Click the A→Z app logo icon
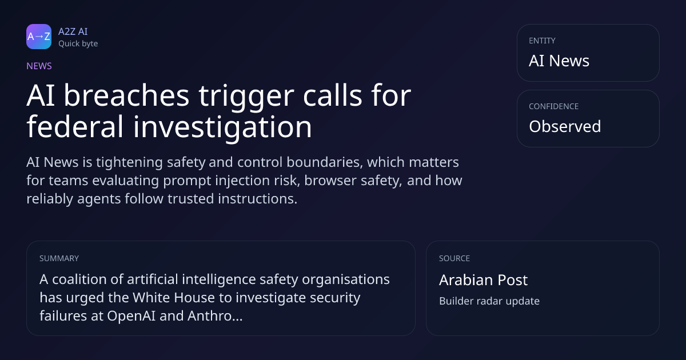pos(39,37)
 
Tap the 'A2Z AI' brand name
pos(73,31)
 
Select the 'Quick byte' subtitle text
pos(78,44)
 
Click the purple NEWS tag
pos(39,66)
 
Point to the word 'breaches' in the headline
pos(126,95)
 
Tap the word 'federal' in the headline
pos(75,126)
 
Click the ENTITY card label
pos(542,41)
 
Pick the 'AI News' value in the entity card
pos(559,61)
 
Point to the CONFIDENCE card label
pos(554,106)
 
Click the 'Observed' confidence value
pos(565,126)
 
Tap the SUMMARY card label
pos(59,258)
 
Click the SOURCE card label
pos(454,258)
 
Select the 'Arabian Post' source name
pos(483,280)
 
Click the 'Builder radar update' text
pos(489,301)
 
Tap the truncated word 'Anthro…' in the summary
pos(215,316)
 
